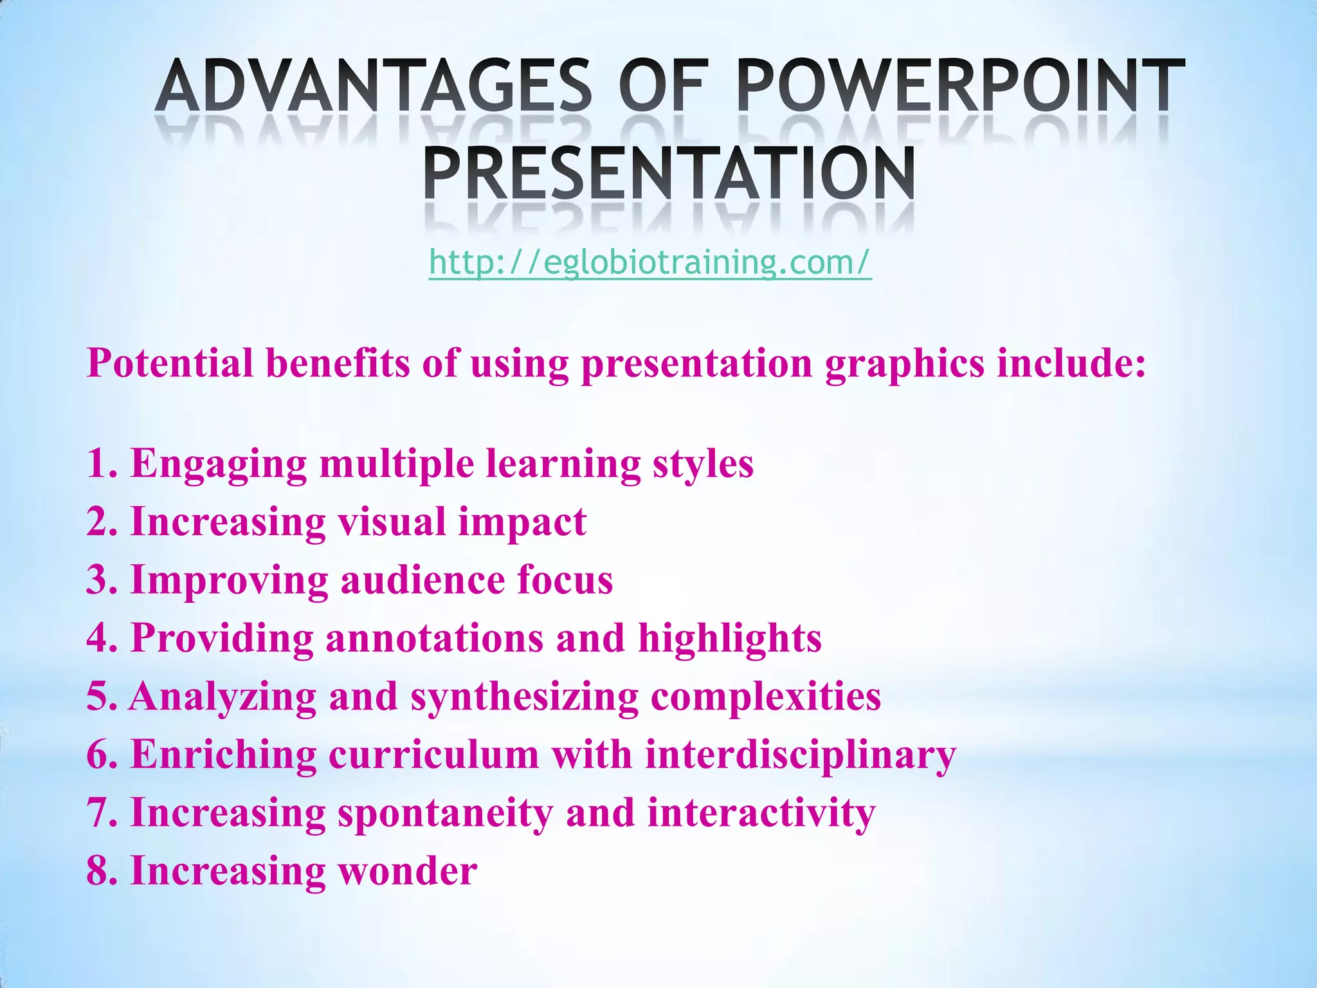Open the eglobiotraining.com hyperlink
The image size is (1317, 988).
pyautogui.click(x=650, y=262)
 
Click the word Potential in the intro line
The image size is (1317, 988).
pyautogui.click(x=170, y=363)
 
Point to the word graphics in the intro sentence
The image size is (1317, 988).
pyautogui.click(x=904, y=364)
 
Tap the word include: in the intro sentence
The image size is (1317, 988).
pyautogui.click(x=1071, y=363)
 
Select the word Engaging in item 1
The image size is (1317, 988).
pyautogui.click(x=219, y=465)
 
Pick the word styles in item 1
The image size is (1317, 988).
pyautogui.click(x=703, y=464)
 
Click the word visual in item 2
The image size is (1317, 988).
pyautogui.click(x=392, y=522)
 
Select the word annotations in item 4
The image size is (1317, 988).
pyautogui.click(x=434, y=638)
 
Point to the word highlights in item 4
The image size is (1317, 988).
pyautogui.click(x=729, y=639)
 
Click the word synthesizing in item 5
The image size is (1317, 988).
pyautogui.click(x=524, y=698)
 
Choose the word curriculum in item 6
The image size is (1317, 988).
pyautogui.click(x=433, y=755)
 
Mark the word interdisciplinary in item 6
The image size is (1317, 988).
pyautogui.click(x=801, y=756)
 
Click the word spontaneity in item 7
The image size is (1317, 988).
pyautogui.click(x=445, y=814)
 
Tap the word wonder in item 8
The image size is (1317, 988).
pyautogui.click(x=408, y=871)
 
